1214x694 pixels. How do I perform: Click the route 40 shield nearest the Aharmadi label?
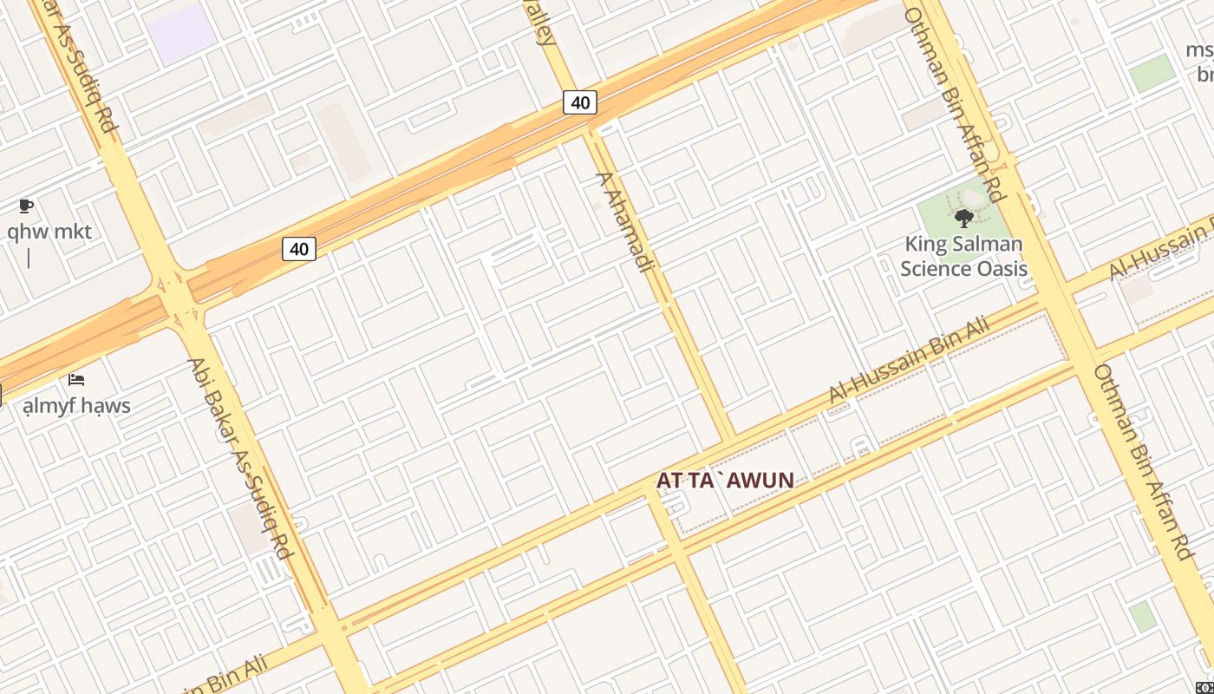(x=580, y=102)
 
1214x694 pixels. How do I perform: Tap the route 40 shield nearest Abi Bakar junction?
(x=298, y=249)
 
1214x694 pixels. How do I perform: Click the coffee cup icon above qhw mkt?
(x=26, y=206)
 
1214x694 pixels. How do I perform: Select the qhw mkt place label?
(x=49, y=232)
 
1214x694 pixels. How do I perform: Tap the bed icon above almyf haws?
(x=76, y=379)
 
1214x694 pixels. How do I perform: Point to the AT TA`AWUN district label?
(x=725, y=480)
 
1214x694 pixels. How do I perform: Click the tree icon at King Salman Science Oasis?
(x=963, y=218)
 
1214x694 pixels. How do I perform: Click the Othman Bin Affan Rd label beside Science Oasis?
(x=954, y=104)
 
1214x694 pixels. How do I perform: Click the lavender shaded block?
(x=181, y=33)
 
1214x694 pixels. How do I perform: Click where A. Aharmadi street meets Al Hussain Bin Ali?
(x=733, y=435)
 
